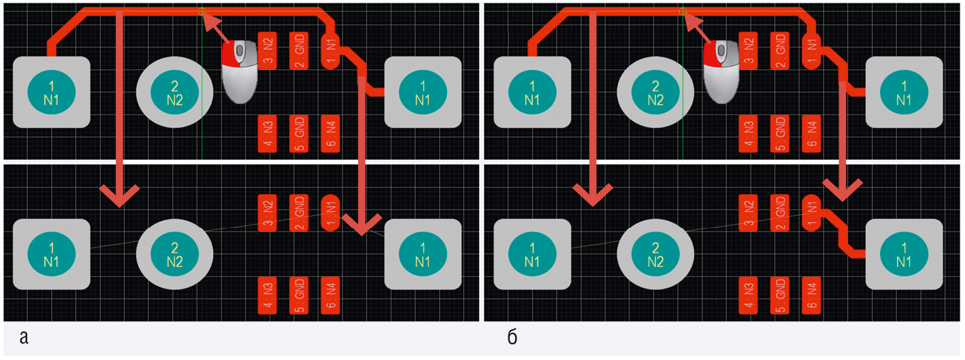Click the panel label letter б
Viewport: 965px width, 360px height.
(x=513, y=337)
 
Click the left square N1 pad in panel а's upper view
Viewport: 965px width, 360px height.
(x=52, y=93)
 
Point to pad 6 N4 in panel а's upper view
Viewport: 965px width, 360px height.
(x=331, y=133)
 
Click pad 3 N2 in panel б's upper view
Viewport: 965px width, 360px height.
(x=749, y=51)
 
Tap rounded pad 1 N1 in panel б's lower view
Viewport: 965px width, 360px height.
(x=811, y=214)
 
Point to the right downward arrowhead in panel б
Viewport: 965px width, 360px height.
(x=844, y=189)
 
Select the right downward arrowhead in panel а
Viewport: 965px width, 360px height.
(x=361, y=223)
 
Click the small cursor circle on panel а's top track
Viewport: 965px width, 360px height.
(x=201, y=11)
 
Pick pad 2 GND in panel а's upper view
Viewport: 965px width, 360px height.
(x=299, y=51)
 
